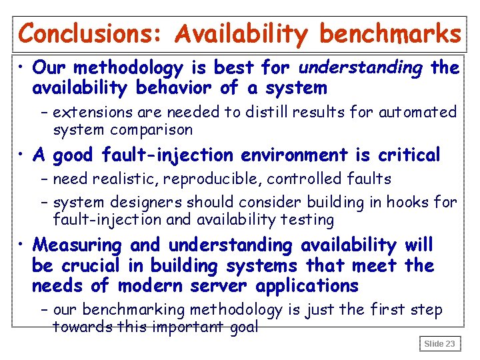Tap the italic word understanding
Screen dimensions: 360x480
click(x=361, y=67)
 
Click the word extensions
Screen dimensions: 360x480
click(x=88, y=112)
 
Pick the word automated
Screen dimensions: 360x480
click(x=418, y=112)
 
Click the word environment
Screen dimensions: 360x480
click(x=294, y=155)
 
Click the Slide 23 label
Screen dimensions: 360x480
click(x=439, y=343)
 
